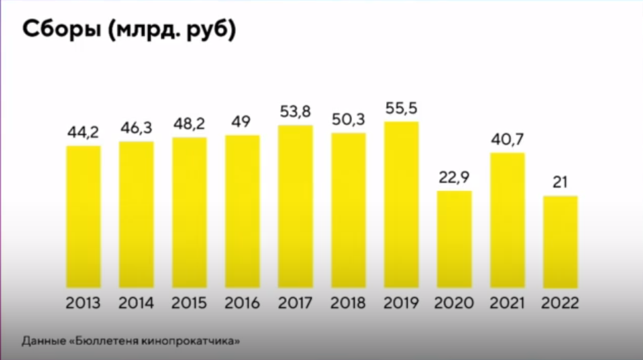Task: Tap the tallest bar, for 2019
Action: [x=402, y=205]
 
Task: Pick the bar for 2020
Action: [x=455, y=239]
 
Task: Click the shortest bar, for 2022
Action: [x=561, y=242]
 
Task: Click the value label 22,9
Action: [x=455, y=179]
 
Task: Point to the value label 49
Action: [x=242, y=123]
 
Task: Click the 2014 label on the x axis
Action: [x=136, y=303]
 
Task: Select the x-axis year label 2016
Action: [x=242, y=303]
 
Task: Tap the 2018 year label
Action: [x=349, y=303]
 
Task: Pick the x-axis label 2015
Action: [x=189, y=303]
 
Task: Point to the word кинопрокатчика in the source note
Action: [x=197, y=340]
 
